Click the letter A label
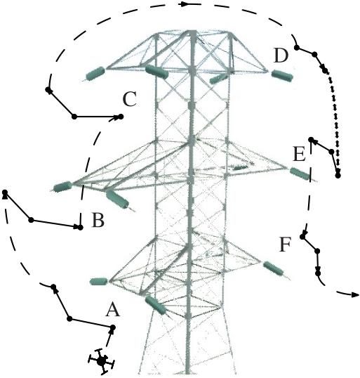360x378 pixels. click(x=112, y=309)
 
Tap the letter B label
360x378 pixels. click(x=98, y=220)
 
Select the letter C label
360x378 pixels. click(x=130, y=99)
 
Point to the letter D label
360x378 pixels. click(x=281, y=56)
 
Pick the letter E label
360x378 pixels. click(x=300, y=155)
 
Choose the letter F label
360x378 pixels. click(x=286, y=245)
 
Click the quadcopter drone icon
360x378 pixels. click(x=101, y=360)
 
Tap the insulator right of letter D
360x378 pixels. click(x=282, y=75)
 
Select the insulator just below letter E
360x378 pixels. click(x=300, y=174)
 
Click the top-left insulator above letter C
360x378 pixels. click(x=95, y=73)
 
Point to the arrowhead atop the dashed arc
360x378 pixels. click(x=185, y=4)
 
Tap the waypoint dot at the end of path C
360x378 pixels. click(x=121, y=117)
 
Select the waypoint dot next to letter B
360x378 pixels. click(x=81, y=227)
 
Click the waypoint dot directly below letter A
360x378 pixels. click(x=112, y=327)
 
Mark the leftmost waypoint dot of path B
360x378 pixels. click(x=5, y=192)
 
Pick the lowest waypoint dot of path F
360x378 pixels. click(x=318, y=273)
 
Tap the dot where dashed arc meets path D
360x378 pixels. click(x=297, y=48)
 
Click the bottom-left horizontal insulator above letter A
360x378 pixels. click(x=99, y=281)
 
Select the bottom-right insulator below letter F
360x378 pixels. click(x=273, y=268)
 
